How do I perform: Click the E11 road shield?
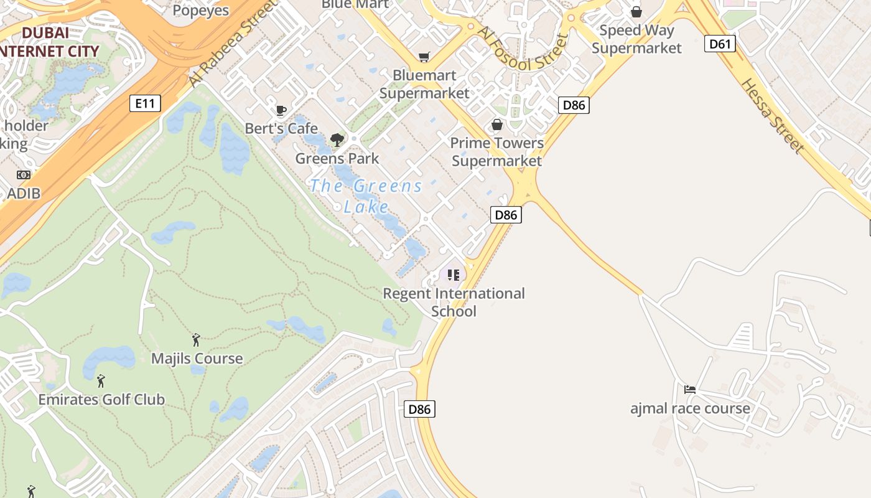tap(145, 103)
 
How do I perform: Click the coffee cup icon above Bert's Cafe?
tap(281, 111)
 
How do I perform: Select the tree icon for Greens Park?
tap(337, 140)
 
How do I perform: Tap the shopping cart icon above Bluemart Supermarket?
tap(424, 57)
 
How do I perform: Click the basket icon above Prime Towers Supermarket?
tap(497, 125)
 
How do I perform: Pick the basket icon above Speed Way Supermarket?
tap(636, 12)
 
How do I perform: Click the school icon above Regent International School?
tap(454, 275)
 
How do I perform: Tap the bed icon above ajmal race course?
tap(690, 390)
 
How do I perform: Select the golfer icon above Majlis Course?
tap(197, 340)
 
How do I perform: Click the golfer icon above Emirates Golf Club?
tap(101, 380)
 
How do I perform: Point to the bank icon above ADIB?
tap(24, 175)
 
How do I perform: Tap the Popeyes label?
tap(200, 10)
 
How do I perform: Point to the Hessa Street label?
tap(772, 116)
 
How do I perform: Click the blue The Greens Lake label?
tap(366, 195)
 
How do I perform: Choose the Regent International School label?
tap(454, 302)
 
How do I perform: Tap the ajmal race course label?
tap(690, 409)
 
